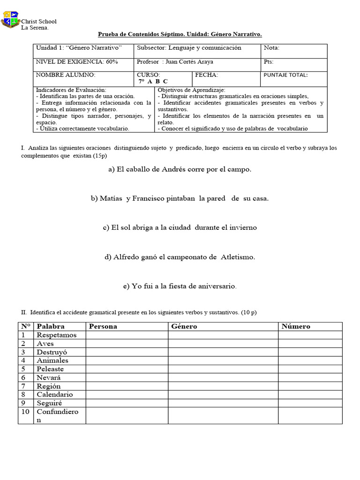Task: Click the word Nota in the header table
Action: [271, 48]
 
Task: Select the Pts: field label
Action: [269, 61]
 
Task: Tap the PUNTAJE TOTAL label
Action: [285, 75]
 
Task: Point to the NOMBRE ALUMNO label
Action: [66, 75]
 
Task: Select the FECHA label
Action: [206, 75]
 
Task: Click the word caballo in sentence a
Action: [139, 170]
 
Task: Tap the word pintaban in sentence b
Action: [180, 198]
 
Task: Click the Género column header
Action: [184, 326]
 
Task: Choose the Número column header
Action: [295, 326]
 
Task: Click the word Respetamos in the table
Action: [57, 335]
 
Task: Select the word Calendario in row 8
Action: [55, 394]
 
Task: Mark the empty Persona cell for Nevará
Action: [126, 377]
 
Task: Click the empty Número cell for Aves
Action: [310, 344]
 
